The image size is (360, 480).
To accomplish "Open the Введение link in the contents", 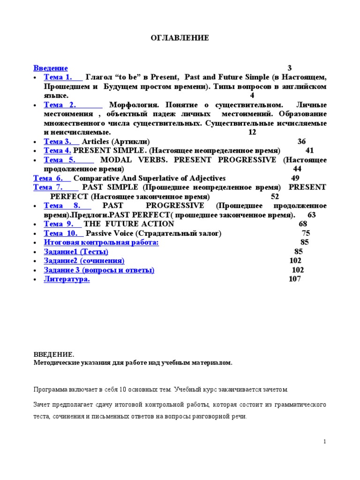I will click(x=51, y=68).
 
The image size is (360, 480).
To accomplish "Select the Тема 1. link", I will click(x=58, y=77).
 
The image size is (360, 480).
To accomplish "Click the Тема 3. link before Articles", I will click(x=58, y=142).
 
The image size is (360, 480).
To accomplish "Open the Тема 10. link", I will click(x=60, y=233).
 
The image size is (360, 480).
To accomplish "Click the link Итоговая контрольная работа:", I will click(x=101, y=242).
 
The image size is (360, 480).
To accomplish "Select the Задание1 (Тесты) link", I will click(x=76, y=252).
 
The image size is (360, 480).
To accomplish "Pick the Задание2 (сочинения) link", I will click(x=84, y=261).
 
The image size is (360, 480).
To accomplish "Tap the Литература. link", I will click(x=67, y=279).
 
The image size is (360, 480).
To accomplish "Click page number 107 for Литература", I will click(x=295, y=279).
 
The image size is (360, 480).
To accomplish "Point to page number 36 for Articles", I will click(x=301, y=142).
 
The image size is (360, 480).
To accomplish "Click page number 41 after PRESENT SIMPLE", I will click(x=309, y=150).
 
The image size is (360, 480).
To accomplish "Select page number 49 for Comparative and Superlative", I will click(x=295, y=178).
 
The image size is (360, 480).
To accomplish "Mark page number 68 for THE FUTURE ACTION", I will click(x=303, y=224).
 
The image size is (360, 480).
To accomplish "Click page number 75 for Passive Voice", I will click(x=306, y=233).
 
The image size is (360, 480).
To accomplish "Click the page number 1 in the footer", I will click(x=324, y=442).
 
